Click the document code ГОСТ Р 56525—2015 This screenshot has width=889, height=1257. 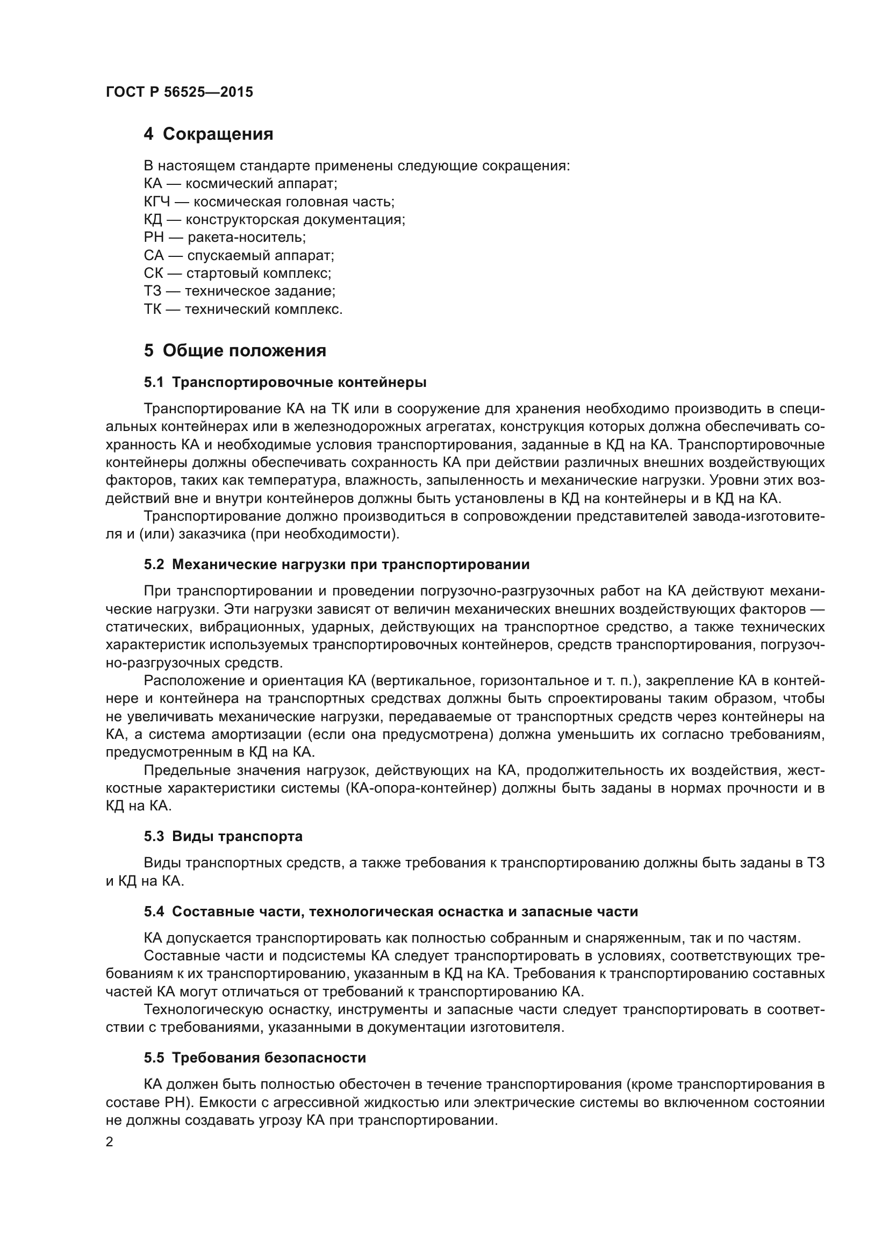tap(179, 92)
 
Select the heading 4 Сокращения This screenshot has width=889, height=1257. tap(208, 134)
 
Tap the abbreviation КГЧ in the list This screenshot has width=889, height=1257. tap(156, 202)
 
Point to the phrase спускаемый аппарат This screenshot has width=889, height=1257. tap(261, 256)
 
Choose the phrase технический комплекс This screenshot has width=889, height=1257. tap(263, 310)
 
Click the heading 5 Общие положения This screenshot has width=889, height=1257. tap(235, 350)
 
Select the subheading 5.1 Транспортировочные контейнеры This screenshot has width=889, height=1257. tap(285, 382)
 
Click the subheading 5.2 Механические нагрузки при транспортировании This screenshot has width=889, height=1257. tap(336, 564)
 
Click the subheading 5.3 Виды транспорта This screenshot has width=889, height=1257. tap(224, 837)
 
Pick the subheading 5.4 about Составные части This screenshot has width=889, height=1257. tap(391, 911)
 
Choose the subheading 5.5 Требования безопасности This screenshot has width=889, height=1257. tap(255, 1058)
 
